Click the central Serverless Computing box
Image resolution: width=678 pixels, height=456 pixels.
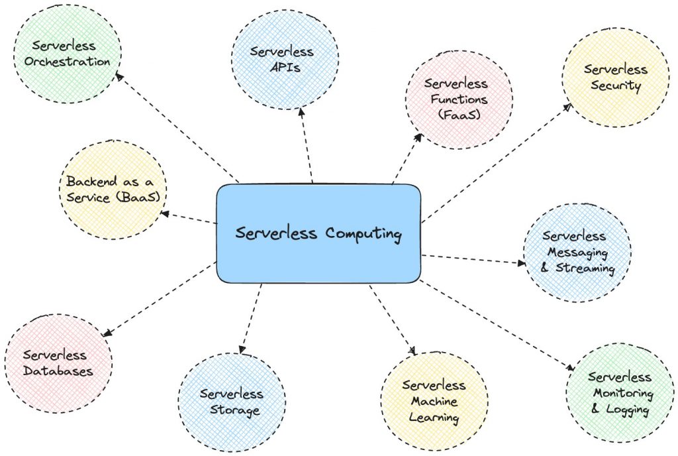(x=318, y=233)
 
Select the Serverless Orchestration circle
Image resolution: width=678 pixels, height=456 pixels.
(x=68, y=54)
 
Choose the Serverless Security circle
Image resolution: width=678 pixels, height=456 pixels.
(x=615, y=77)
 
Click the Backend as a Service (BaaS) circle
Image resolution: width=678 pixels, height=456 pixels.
(x=113, y=189)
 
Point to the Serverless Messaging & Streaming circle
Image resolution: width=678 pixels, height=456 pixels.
(x=577, y=253)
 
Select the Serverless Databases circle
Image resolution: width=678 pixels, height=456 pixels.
(x=58, y=363)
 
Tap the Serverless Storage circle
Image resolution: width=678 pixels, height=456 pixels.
(x=231, y=402)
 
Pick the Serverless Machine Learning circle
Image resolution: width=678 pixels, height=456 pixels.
(x=434, y=401)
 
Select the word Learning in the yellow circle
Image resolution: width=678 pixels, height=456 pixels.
(x=434, y=417)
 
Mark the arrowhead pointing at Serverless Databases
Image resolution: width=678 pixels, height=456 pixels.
(x=107, y=335)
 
